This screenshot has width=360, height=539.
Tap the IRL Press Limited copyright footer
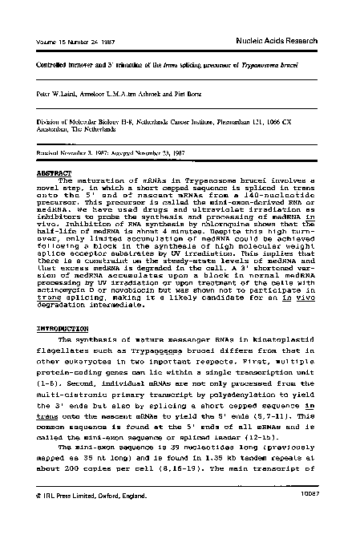89,519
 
